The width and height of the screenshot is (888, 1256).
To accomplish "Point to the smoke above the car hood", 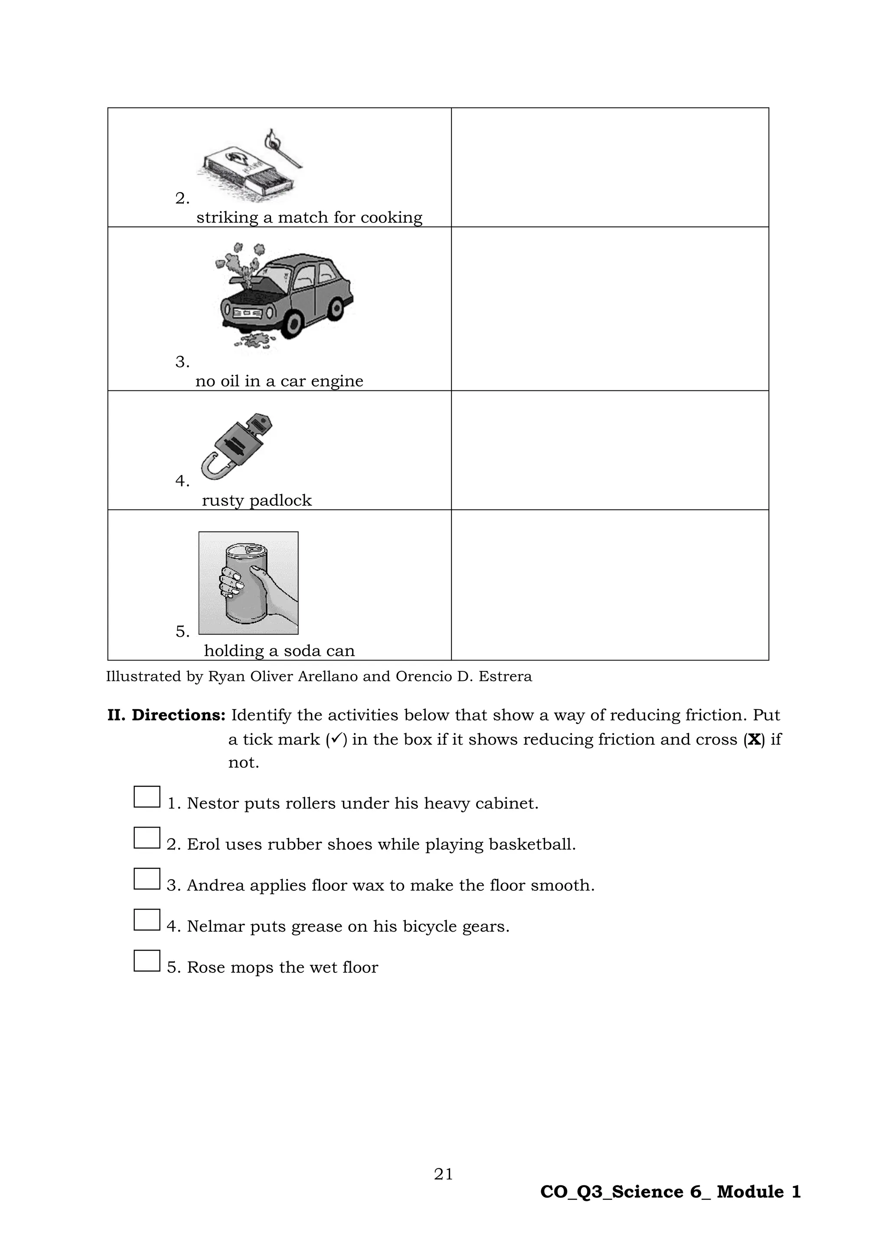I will tap(241, 259).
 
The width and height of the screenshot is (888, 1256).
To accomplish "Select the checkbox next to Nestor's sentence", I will tap(147, 797).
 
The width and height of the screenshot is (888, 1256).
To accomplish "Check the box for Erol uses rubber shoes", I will tap(147, 838).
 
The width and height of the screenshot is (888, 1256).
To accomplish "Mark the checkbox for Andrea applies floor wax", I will tap(147, 879).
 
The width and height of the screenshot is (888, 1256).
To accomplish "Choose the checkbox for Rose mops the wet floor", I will tap(147, 961).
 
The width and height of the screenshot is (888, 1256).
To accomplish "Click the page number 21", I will tap(444, 1174).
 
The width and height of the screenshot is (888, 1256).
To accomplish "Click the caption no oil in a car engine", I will tap(279, 381).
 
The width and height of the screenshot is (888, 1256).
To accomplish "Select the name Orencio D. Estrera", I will tap(463, 677).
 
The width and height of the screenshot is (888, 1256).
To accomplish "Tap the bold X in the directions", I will tap(754, 739).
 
